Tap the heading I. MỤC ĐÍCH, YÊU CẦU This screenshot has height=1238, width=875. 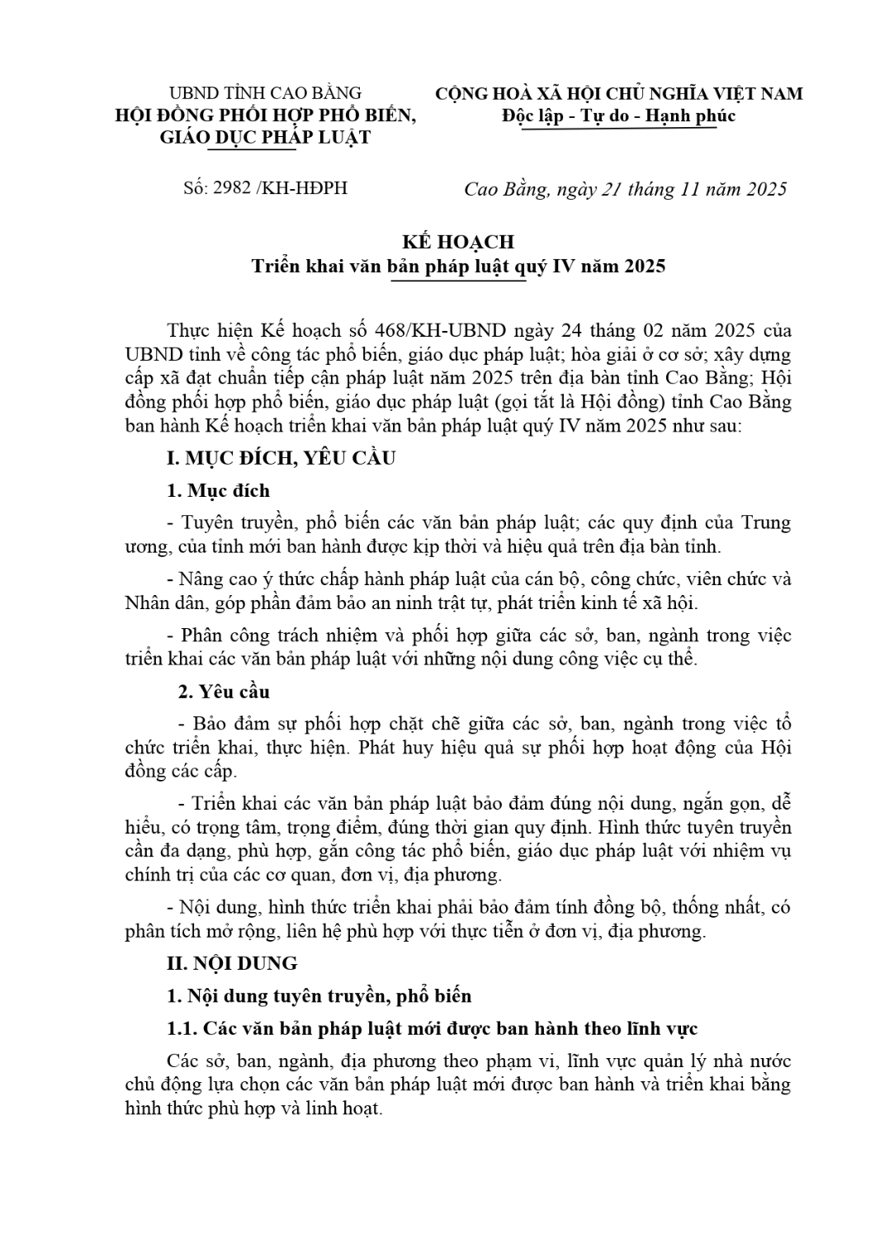tap(281, 458)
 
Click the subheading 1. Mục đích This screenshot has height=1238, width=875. tap(218, 490)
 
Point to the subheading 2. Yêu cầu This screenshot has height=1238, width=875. tap(225, 692)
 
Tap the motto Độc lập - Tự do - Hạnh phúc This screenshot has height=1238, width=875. tap(618, 116)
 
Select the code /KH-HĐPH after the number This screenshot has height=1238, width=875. tap(302, 188)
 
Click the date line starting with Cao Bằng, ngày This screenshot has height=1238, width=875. tap(625, 189)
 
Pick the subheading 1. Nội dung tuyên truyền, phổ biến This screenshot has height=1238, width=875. tap(319, 996)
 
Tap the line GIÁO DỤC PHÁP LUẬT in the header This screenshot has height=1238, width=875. tap(265, 137)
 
